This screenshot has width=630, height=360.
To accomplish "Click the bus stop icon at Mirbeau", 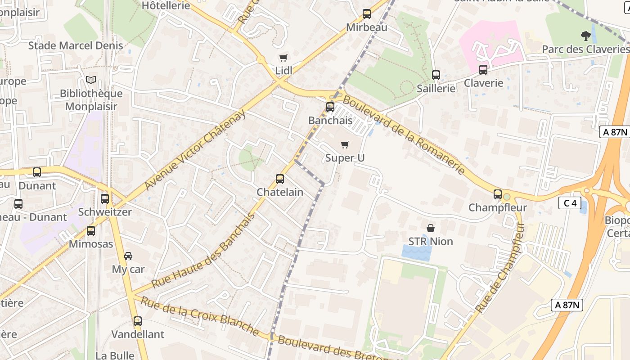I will click(x=367, y=14).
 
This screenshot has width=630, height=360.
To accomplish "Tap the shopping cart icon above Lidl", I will click(x=283, y=58).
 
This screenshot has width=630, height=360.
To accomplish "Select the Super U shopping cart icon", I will click(x=345, y=144).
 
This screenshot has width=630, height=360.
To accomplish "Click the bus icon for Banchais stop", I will click(x=330, y=107).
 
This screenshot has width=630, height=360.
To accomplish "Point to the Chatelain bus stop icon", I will click(x=280, y=179).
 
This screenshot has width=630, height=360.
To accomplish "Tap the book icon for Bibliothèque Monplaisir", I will click(x=91, y=80).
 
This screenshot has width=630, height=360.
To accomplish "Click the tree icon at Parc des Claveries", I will click(x=585, y=36).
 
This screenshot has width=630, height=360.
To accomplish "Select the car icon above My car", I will click(x=128, y=256).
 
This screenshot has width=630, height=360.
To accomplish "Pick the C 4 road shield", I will click(x=570, y=203).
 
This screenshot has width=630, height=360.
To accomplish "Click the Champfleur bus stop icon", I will click(x=498, y=194).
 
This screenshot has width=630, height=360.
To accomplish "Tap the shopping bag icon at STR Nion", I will click(x=431, y=228).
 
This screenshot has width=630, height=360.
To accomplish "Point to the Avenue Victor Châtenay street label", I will click(x=195, y=150).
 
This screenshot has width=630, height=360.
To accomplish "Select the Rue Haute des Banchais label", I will click(x=203, y=251).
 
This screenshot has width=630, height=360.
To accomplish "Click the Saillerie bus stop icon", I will click(x=436, y=75).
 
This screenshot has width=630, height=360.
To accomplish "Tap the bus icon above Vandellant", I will click(x=138, y=321).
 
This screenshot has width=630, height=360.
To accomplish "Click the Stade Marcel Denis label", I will click(x=76, y=45).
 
